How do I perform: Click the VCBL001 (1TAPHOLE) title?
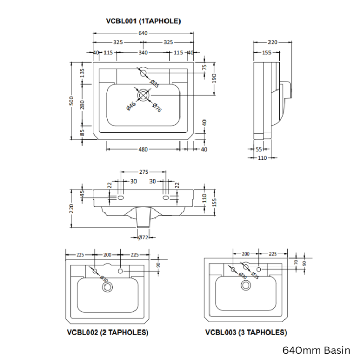143,21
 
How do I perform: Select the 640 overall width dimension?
143,33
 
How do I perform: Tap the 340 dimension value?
143,52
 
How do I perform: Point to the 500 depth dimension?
73,101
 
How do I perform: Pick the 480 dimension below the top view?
143,149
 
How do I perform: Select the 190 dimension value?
213,77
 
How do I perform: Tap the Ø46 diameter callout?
131,106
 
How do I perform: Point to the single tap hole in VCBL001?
144,72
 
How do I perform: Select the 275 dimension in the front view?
144,172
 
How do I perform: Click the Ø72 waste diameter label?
143,237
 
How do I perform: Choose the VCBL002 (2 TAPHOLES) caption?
108,332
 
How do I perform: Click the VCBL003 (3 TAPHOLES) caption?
246,332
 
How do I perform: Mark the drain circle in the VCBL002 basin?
108,287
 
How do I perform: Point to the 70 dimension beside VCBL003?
295,263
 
